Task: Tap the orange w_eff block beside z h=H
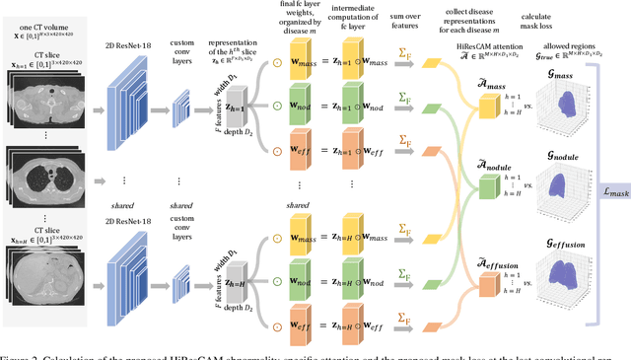(297, 321)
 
